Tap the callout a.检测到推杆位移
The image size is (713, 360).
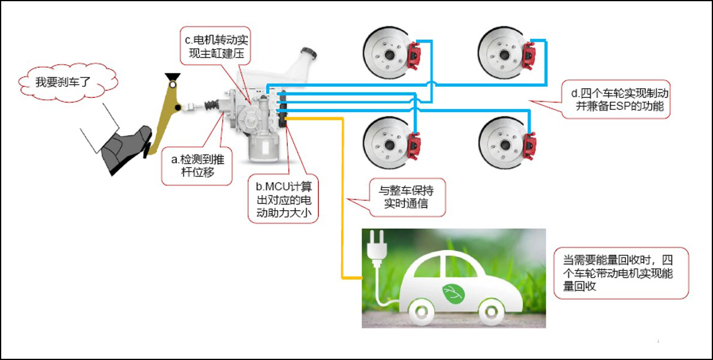tap(197, 166)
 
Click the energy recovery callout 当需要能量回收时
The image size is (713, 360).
tap(622, 273)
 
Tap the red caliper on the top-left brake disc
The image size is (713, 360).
tap(414, 56)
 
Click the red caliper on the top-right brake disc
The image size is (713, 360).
tap(529, 56)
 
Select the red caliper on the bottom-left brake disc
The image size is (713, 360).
tap(414, 146)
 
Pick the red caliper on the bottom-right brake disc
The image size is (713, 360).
tap(529, 146)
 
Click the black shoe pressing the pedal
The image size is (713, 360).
tap(126, 149)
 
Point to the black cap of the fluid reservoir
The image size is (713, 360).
tap(308, 53)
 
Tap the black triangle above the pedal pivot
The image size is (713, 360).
tap(173, 77)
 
